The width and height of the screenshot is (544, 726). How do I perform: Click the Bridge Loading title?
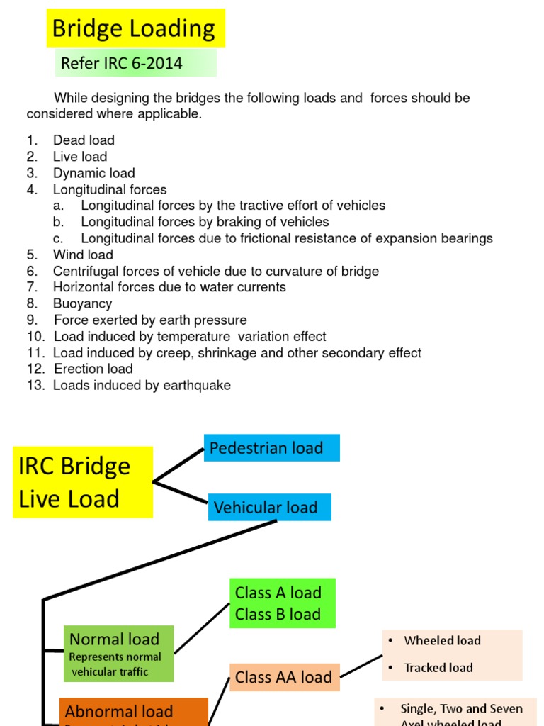(x=135, y=28)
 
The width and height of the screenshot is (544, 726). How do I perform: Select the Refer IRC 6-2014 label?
(x=122, y=63)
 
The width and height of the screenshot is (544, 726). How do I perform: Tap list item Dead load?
(x=84, y=140)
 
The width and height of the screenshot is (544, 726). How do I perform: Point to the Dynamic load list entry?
(x=93, y=173)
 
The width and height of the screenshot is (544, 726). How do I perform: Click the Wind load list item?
(x=83, y=255)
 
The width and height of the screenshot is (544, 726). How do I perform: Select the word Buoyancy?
(x=82, y=303)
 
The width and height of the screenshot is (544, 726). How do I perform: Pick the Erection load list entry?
(x=93, y=369)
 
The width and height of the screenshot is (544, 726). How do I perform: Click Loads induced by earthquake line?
(x=142, y=385)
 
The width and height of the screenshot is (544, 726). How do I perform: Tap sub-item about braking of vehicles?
(x=205, y=222)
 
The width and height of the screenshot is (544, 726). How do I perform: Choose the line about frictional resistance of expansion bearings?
(x=286, y=238)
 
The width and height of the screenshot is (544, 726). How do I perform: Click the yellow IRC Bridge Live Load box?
(x=83, y=482)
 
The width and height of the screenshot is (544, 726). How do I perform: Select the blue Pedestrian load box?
(x=271, y=448)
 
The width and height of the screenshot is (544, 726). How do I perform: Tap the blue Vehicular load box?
(x=269, y=508)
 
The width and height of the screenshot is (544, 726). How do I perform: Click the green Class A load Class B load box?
(x=283, y=603)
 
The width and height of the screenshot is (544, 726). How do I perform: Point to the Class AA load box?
(x=284, y=677)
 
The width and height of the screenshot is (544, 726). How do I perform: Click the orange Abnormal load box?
(x=134, y=712)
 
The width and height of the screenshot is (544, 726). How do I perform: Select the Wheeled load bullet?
(x=442, y=640)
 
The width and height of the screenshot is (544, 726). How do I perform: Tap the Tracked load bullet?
(x=438, y=667)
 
